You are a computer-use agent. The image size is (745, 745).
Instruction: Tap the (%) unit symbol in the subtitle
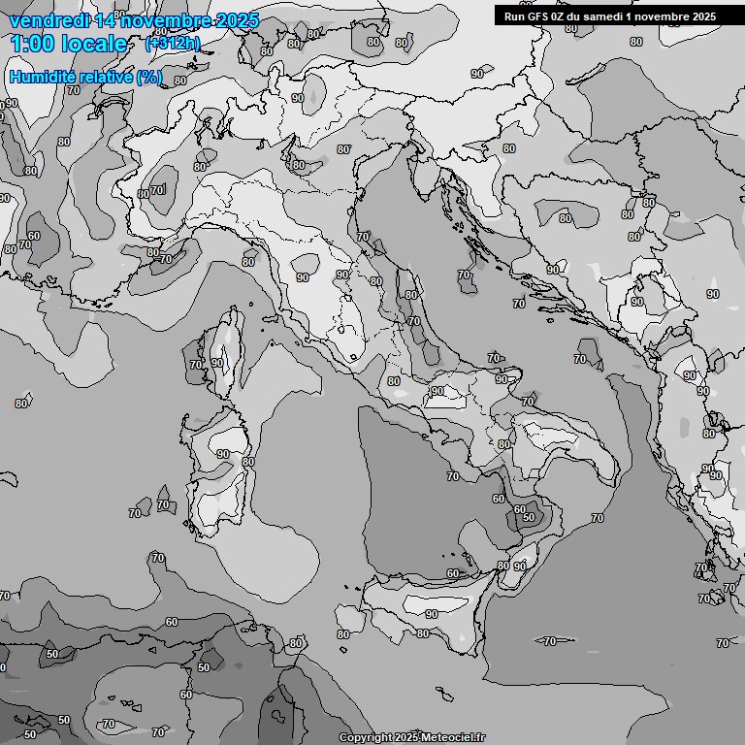point(149,77)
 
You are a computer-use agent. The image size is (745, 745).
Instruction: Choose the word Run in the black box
point(515,16)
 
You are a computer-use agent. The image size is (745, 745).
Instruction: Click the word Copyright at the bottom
point(365,738)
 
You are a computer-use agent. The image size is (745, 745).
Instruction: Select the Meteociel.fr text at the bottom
point(453,738)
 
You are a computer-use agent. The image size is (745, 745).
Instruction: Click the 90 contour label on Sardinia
point(223,454)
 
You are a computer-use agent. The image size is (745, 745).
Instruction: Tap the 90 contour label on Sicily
point(431,614)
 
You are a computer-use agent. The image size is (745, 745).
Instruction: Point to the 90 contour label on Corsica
point(217,364)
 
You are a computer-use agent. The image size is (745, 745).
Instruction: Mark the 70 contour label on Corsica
point(196,366)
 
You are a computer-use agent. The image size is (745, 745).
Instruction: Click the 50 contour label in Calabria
point(529,518)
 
